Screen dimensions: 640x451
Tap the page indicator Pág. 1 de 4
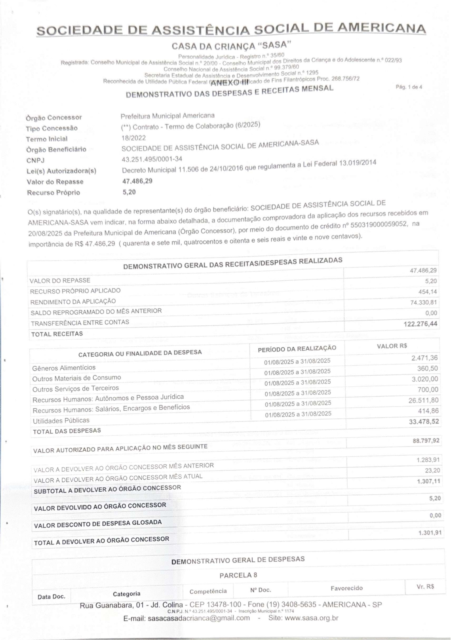[409, 87]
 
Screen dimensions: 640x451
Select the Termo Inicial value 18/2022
[134, 138]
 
